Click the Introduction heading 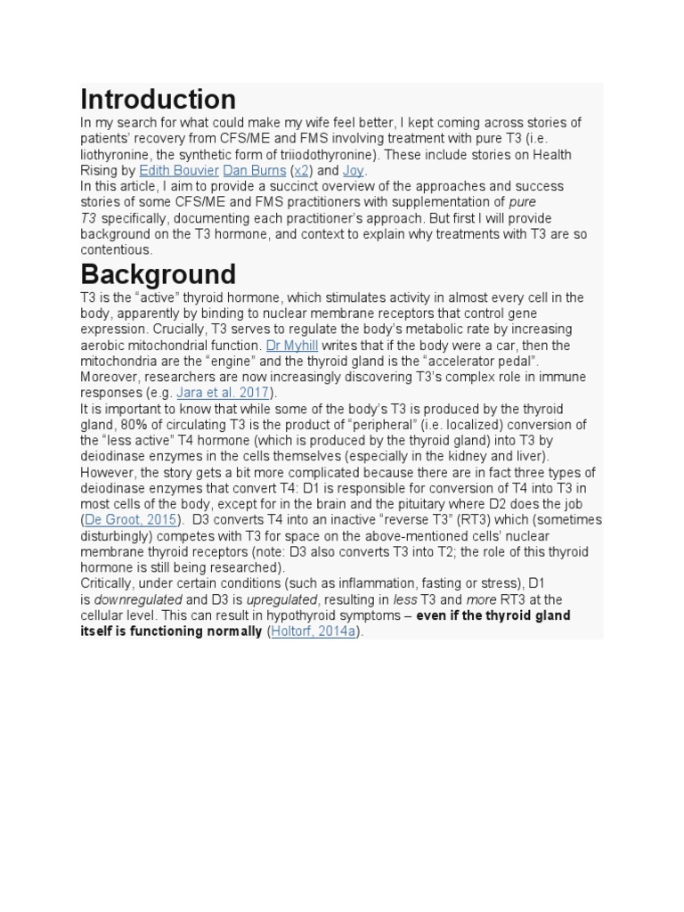(158, 99)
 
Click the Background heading (158, 273)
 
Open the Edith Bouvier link (179, 170)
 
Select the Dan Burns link (255, 170)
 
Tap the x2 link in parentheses (302, 170)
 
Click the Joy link (354, 170)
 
